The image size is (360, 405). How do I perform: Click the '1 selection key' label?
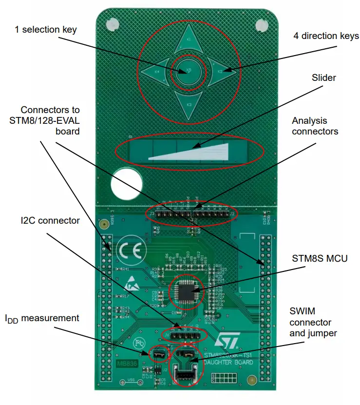pyautogui.click(x=46, y=30)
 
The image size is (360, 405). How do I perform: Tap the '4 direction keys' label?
pyautogui.click(x=326, y=36)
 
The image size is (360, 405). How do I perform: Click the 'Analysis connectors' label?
pyautogui.click(x=315, y=126)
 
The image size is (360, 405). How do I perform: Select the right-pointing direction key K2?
pyautogui.click(x=220, y=72)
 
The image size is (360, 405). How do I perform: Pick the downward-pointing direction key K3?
pyautogui.click(x=189, y=104)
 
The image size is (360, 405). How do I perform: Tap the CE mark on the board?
pyautogui.click(x=132, y=251)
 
